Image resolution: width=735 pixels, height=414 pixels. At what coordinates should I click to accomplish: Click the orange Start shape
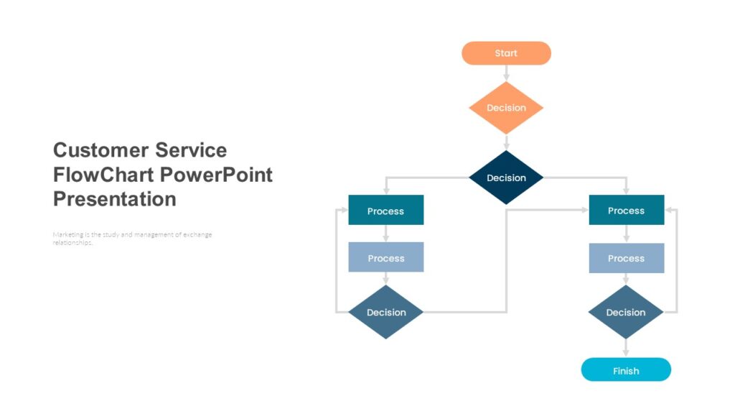506,53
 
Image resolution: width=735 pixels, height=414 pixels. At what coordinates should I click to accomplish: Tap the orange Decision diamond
506,108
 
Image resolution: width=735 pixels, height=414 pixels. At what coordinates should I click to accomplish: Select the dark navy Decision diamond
506,178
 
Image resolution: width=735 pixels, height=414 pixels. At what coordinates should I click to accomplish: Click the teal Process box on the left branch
385,211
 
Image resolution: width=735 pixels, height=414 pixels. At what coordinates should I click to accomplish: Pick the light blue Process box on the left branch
385,257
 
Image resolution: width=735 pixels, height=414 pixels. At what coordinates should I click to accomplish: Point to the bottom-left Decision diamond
385,312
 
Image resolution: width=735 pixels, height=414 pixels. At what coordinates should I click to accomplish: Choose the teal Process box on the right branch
626,210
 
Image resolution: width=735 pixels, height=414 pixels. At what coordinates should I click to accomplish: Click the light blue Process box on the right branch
626,257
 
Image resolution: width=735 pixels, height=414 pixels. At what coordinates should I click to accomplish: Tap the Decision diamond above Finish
626,312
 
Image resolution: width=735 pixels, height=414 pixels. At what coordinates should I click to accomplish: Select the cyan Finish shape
626,370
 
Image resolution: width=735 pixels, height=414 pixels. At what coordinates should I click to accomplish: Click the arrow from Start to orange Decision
506,73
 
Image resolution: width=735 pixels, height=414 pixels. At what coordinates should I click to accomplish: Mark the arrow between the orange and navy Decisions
506,142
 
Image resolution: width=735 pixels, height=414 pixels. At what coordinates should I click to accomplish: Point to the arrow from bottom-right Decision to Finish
626,348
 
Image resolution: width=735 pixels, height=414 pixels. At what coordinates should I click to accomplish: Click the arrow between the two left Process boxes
385,234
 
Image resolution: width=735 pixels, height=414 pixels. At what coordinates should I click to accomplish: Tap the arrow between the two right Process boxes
626,234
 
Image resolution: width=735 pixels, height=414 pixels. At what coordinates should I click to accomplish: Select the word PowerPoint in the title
216,175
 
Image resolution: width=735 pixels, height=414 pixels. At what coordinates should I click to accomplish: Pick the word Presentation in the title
114,199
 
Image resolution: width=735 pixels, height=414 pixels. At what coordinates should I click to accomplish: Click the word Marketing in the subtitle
66,235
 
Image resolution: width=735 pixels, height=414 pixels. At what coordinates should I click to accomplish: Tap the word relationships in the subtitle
72,243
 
